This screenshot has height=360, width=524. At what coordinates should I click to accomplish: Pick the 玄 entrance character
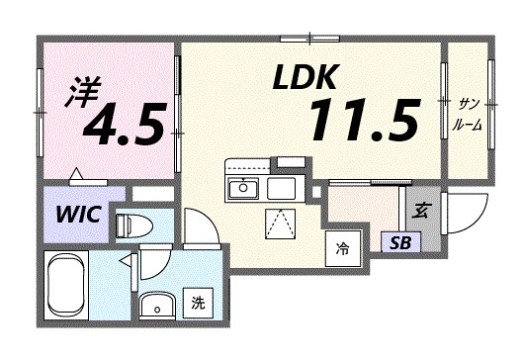[420, 209]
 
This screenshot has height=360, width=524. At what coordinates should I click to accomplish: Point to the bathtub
[72, 287]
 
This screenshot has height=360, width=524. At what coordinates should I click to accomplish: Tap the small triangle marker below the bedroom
[76, 176]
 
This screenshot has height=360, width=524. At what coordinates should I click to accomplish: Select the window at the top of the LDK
[309, 39]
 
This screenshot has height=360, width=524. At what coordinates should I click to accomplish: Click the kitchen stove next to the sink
[281, 187]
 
